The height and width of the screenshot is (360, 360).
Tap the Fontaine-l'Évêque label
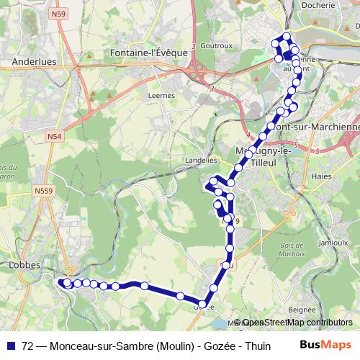[x=150, y=53]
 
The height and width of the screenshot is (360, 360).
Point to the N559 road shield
[x=42, y=191]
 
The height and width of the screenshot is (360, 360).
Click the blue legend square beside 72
[x=14, y=345]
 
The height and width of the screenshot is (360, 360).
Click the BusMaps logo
[x=325, y=345]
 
